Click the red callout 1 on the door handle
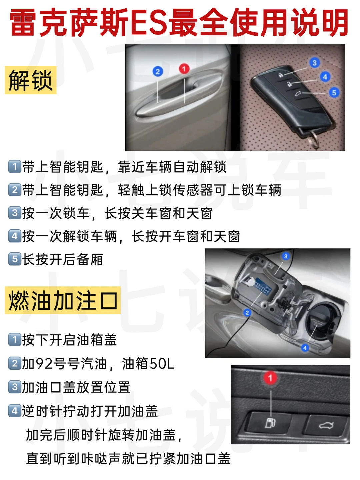click(184, 69)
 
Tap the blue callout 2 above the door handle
click(158, 72)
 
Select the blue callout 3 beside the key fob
click(315, 63)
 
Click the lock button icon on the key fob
click(281, 75)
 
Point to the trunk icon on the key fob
click(298, 94)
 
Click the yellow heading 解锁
click(31, 80)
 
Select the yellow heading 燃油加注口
click(63, 300)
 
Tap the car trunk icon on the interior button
click(326, 425)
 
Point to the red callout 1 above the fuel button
click(270, 378)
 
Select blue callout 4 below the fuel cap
click(305, 348)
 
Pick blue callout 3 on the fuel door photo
click(285, 256)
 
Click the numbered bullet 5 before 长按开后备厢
click(15, 259)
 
